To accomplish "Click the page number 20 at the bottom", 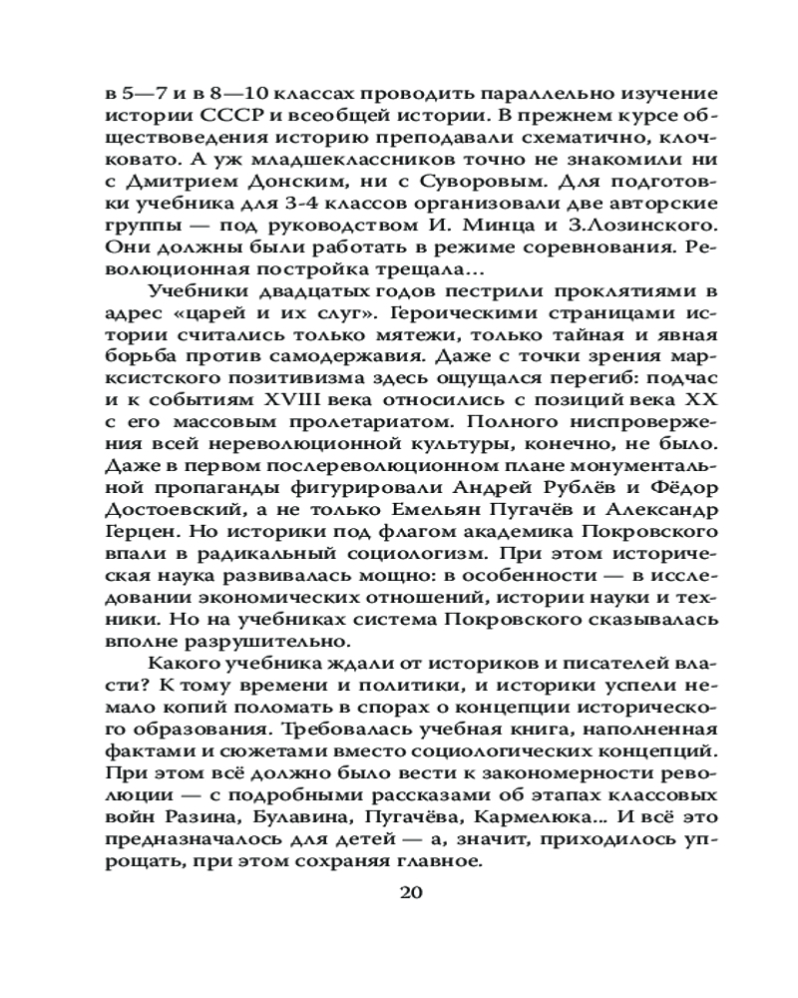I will (x=412, y=892).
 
